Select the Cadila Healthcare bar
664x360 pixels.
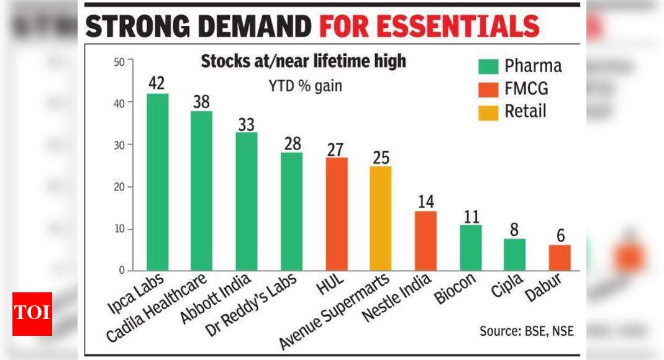202,191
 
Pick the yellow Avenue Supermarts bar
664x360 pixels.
381,218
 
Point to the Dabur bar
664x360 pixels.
559,258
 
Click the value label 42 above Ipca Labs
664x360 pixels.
157,83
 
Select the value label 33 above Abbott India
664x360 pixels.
247,123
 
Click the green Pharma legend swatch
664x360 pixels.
488,66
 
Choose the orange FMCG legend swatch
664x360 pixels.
488,89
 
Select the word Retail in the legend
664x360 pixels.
525,111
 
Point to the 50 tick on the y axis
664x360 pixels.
119,61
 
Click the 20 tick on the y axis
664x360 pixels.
119,187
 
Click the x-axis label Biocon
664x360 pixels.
455,290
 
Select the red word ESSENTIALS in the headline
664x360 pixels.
429,27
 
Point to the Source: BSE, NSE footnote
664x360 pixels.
526,331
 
